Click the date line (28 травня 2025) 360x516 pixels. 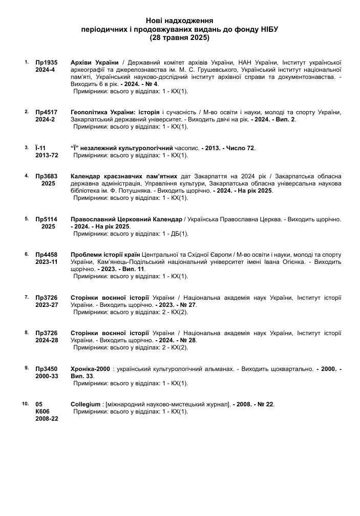tap(180, 37)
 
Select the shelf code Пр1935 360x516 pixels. tap(46, 62)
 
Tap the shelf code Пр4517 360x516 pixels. tap(46, 112)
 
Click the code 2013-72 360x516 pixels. tap(47, 155)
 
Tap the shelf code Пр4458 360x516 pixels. tap(46, 255)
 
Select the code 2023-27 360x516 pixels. tap(47, 304)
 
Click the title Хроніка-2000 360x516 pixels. tap(90, 368)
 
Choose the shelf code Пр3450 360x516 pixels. tap(46, 368)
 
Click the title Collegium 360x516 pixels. tap(86, 404)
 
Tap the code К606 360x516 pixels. tap(43, 411)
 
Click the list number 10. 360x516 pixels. tap(26, 404)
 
